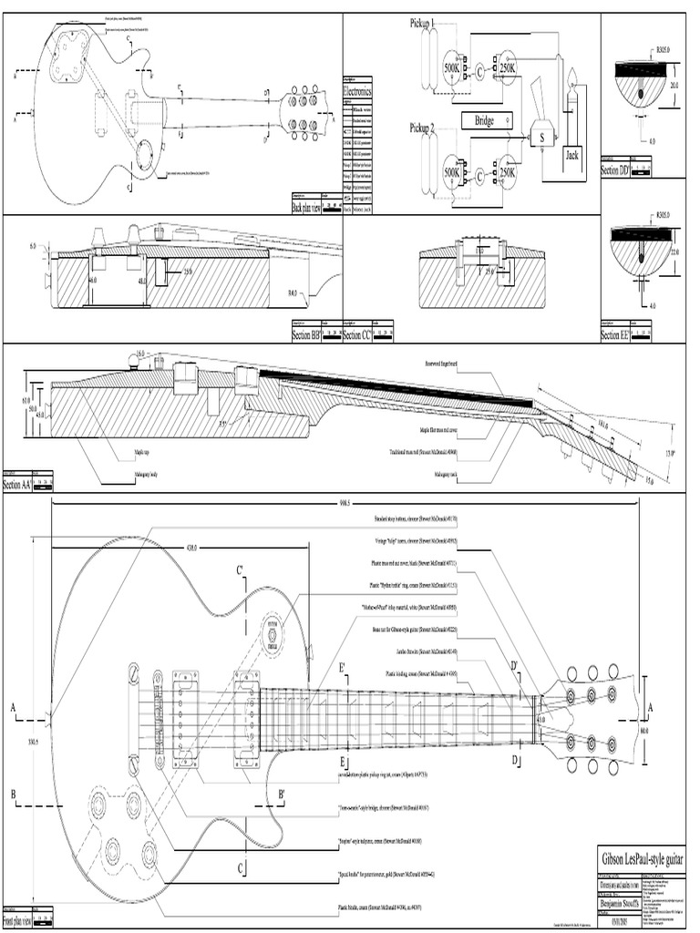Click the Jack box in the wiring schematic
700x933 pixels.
pos(572,155)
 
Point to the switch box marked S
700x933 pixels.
pos(541,138)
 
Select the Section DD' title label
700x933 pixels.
pos(615,170)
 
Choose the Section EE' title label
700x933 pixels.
pos(615,336)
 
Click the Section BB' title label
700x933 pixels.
pos(306,336)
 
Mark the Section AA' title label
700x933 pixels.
pos(18,486)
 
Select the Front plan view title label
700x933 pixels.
pos(17,921)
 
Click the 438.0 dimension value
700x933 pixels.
pos(192,549)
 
